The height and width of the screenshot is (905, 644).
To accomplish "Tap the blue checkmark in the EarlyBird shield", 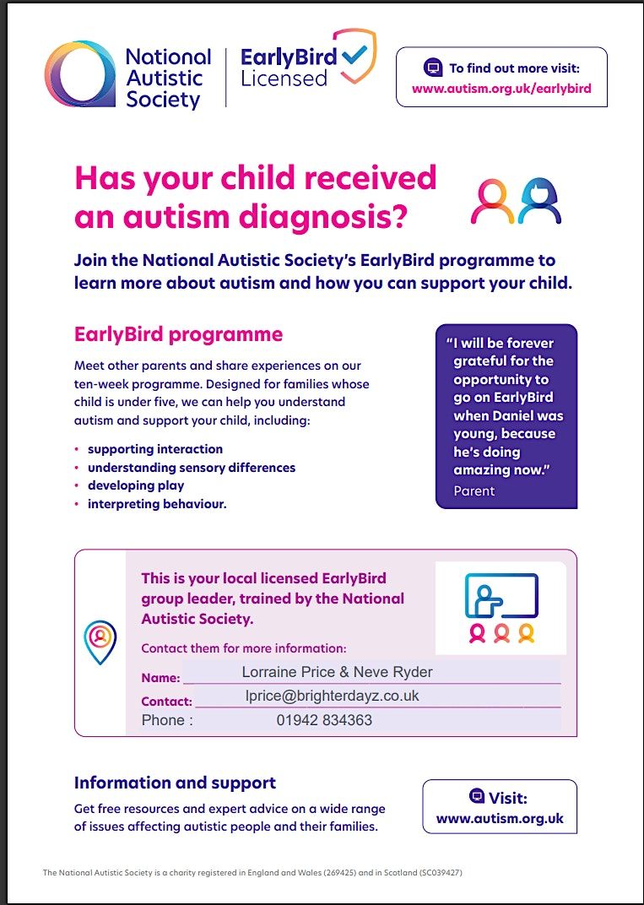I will coord(356,55).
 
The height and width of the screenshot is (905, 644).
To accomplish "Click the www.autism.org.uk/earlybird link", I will coord(501,88).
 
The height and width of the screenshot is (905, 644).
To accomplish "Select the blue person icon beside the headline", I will coord(540,201).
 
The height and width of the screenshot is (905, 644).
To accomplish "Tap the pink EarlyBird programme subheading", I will coord(178,333).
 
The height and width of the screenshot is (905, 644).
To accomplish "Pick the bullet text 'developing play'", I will coord(136,485).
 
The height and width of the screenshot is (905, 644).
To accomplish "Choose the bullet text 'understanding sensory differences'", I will coord(192,467).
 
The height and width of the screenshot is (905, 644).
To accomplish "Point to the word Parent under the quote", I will coord(474,490).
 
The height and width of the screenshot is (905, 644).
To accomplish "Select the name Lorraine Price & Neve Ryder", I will coord(337,672).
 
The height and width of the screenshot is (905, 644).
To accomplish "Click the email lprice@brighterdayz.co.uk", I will coord(332,696).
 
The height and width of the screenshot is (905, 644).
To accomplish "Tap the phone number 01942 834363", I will coord(324,720).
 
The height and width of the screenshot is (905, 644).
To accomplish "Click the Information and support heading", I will coord(175,783).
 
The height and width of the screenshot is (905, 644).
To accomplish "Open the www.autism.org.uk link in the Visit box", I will coord(500,818).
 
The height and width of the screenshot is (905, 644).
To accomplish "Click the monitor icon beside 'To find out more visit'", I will coord(433,68).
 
